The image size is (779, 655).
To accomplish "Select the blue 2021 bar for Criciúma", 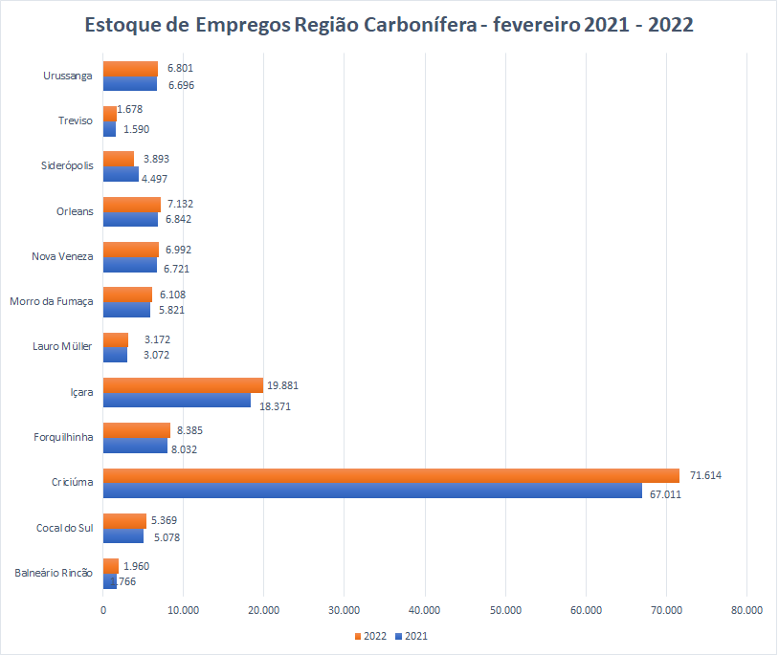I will tap(372, 491).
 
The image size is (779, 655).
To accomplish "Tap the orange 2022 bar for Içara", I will tap(183, 385).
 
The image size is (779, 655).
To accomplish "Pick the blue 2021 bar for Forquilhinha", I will tap(135, 446).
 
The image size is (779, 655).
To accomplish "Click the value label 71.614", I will tap(705, 475).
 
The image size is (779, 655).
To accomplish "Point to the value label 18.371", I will tap(276, 405).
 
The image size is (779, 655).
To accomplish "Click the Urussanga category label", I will tap(68, 76).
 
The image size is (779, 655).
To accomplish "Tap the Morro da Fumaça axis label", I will tap(52, 302).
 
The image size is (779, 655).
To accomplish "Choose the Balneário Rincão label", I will tap(54, 573).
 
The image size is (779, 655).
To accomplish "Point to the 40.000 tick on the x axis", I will tap(424, 610).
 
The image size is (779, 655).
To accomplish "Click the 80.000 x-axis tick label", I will tap(746, 610).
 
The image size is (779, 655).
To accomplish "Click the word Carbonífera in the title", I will tap(421, 26).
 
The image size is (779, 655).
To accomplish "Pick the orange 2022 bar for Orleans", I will tap(131, 205).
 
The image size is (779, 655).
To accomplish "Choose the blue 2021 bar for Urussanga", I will tap(129, 84).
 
